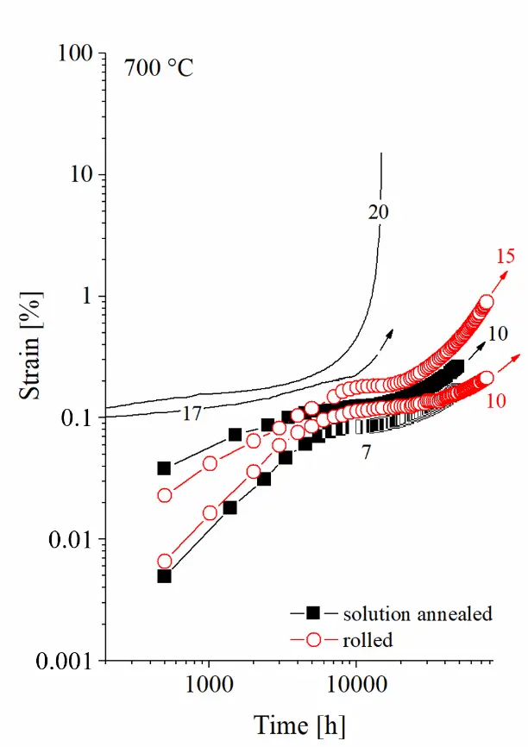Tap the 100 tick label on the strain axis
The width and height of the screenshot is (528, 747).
73,53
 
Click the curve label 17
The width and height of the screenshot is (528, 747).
192,414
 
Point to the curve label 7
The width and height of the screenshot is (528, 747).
366,450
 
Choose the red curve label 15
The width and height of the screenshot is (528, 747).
506,255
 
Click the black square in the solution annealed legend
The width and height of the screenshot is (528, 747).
314,613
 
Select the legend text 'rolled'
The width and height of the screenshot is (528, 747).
368,639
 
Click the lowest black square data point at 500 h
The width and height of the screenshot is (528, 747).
164,575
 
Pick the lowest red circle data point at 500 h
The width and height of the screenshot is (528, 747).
164,562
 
